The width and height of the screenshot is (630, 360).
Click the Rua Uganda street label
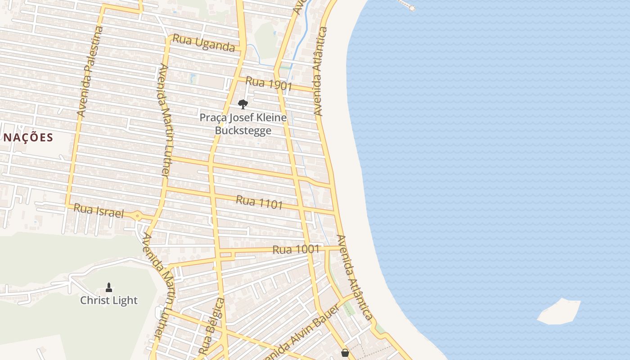[204, 43]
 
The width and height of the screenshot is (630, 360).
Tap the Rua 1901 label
[269, 84]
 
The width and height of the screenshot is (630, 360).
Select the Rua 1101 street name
[259, 202]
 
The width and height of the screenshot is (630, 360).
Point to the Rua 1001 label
[296, 249]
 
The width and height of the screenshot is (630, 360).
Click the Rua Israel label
[98, 211]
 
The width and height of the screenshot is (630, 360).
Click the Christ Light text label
[109, 300]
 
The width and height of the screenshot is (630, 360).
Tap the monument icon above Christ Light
[108, 287]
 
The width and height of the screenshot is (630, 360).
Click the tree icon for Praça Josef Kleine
[243, 104]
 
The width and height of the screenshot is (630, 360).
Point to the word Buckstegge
[243, 130]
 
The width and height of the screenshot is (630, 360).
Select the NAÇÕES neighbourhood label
[28, 138]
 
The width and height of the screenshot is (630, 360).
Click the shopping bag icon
[345, 353]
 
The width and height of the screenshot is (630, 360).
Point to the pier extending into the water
[406, 5]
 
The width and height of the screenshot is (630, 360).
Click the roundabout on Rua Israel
[137, 216]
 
